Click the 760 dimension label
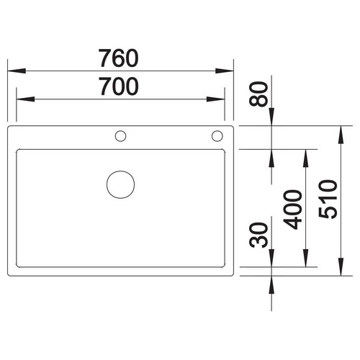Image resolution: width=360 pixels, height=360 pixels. pyautogui.click(x=119, y=58)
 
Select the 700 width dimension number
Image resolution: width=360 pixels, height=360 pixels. pyautogui.click(x=119, y=86)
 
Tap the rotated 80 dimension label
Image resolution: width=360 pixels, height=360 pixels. pyautogui.click(x=258, y=94)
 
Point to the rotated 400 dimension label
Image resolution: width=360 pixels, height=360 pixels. pyautogui.click(x=292, y=210)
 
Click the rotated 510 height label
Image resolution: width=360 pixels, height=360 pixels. pyautogui.click(x=328, y=199)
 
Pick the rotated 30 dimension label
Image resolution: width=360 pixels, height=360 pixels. pyautogui.click(x=258, y=235)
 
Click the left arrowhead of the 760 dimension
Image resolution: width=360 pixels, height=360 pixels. pyautogui.click(x=17, y=71)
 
